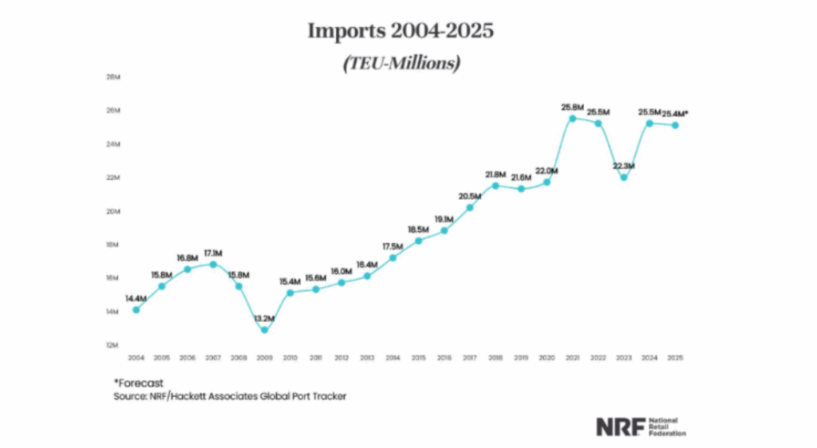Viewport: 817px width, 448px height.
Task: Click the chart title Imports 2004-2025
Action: point(401,32)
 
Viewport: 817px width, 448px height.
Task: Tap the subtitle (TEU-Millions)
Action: point(401,63)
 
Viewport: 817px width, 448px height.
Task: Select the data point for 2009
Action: point(265,329)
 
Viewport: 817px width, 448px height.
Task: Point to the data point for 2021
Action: point(572,119)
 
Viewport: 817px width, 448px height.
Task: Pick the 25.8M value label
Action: point(572,106)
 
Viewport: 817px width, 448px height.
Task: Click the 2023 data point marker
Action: point(623,177)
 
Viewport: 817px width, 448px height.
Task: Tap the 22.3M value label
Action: point(623,165)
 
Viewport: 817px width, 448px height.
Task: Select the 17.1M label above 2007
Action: point(212,253)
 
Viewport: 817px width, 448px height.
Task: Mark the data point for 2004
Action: point(136,309)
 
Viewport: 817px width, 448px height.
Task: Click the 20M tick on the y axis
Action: point(112,211)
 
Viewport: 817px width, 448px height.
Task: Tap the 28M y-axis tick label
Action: point(112,77)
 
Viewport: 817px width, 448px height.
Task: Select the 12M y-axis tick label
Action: point(112,345)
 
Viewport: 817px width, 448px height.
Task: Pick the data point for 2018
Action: point(495,186)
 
